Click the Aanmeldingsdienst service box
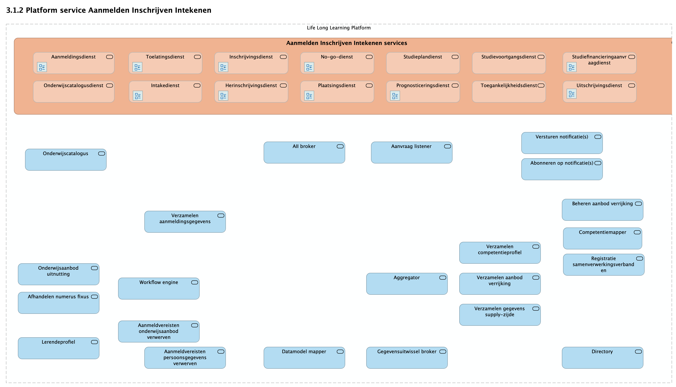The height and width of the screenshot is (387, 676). pos(74,63)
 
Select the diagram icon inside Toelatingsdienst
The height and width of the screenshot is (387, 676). pos(137,67)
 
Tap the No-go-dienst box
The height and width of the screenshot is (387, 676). pos(337,63)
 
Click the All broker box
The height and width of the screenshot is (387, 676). pos(304,153)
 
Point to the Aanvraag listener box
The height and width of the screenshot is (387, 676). pos(412,153)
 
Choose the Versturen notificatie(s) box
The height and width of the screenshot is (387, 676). pos(562,143)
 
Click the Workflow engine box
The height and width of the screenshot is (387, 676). pos(159,289)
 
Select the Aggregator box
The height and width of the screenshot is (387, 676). pos(407,284)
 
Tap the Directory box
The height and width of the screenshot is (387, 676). pos(602,358)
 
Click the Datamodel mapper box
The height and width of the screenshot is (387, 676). pos(304,358)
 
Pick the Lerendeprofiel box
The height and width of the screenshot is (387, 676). pos(58,348)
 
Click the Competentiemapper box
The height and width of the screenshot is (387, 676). pos(602,238)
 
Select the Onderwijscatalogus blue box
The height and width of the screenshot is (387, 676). pos(66,160)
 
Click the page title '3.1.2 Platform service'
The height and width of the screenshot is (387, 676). pos(109,10)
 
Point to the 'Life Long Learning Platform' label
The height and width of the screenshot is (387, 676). pos(339,28)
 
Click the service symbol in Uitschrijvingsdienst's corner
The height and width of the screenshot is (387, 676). pos(631,86)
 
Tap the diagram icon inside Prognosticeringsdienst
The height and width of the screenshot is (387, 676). pos(395,96)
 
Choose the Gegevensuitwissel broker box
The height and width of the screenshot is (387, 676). pos(407,358)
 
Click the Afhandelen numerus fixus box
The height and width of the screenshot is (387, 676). pos(58,303)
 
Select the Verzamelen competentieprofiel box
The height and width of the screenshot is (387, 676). pos(500,253)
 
